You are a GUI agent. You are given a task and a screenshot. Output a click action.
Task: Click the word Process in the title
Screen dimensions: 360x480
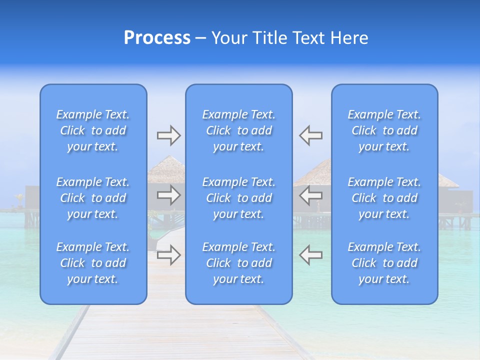157,38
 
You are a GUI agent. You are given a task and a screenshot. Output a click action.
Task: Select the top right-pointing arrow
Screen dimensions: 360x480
168,135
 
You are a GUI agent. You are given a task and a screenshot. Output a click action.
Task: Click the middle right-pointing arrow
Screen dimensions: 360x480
168,195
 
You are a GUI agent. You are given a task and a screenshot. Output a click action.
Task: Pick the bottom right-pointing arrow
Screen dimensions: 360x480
168,255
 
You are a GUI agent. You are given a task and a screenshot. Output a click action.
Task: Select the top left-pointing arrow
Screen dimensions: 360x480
311,135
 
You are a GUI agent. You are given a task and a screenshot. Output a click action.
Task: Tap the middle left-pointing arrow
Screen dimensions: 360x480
311,195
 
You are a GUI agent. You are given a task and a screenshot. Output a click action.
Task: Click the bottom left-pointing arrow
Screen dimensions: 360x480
311,255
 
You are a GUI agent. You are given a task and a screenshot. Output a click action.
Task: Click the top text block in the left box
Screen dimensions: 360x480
93,130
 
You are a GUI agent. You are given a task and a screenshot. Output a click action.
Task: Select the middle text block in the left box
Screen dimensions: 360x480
93,198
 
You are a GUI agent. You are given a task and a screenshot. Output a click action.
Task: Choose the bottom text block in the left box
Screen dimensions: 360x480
93,263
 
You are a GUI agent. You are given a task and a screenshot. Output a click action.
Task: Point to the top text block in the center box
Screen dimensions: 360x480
238,130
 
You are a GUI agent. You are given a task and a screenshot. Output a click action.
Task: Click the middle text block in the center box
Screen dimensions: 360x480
238,198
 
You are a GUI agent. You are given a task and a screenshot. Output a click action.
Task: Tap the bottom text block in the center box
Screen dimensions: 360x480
238,263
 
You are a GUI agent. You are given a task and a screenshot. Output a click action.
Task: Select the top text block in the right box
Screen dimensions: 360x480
384,130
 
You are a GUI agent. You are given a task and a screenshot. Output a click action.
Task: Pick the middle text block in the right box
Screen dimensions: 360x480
384,198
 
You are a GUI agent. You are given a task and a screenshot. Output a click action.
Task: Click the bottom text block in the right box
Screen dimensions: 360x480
384,263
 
